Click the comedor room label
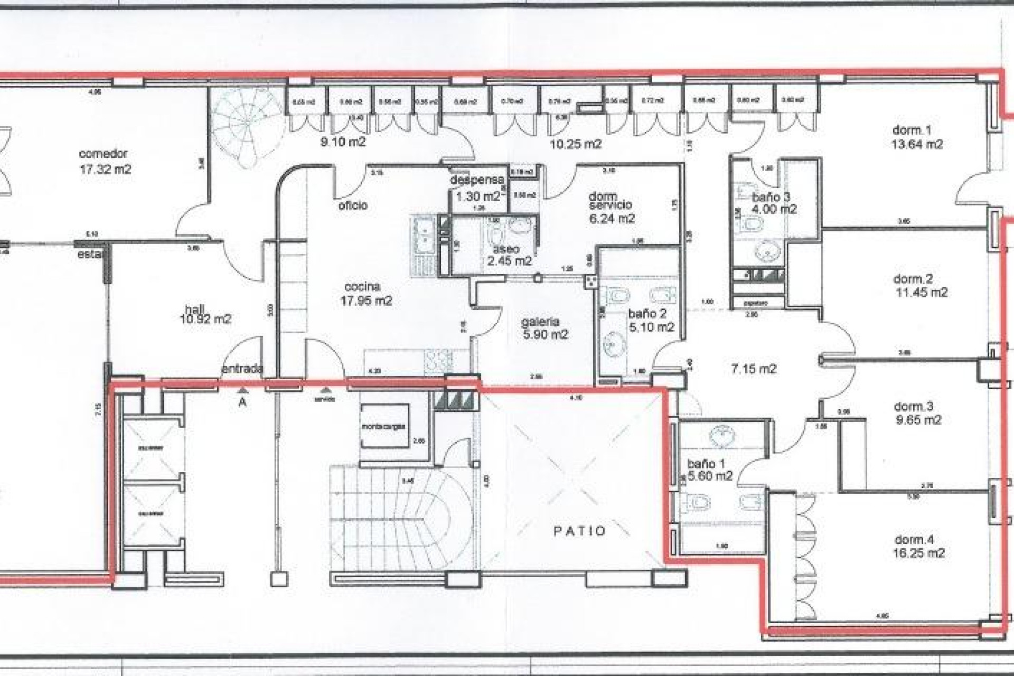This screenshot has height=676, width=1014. click(103, 154)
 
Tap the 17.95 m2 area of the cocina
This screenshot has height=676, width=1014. click(366, 301)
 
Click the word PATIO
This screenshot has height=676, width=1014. click(579, 531)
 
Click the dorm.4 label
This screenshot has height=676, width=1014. click(914, 540)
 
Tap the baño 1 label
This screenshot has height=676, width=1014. click(706, 464)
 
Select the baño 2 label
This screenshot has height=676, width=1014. click(647, 314)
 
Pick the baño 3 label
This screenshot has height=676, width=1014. click(771, 197)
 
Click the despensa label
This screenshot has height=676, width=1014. click(477, 180)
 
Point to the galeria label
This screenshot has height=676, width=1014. click(540, 322)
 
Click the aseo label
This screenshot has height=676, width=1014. click(506, 249)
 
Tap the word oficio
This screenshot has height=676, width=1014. click(353, 205)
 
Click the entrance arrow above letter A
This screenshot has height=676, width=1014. click(242, 390)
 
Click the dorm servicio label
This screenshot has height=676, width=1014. click(610, 201)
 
